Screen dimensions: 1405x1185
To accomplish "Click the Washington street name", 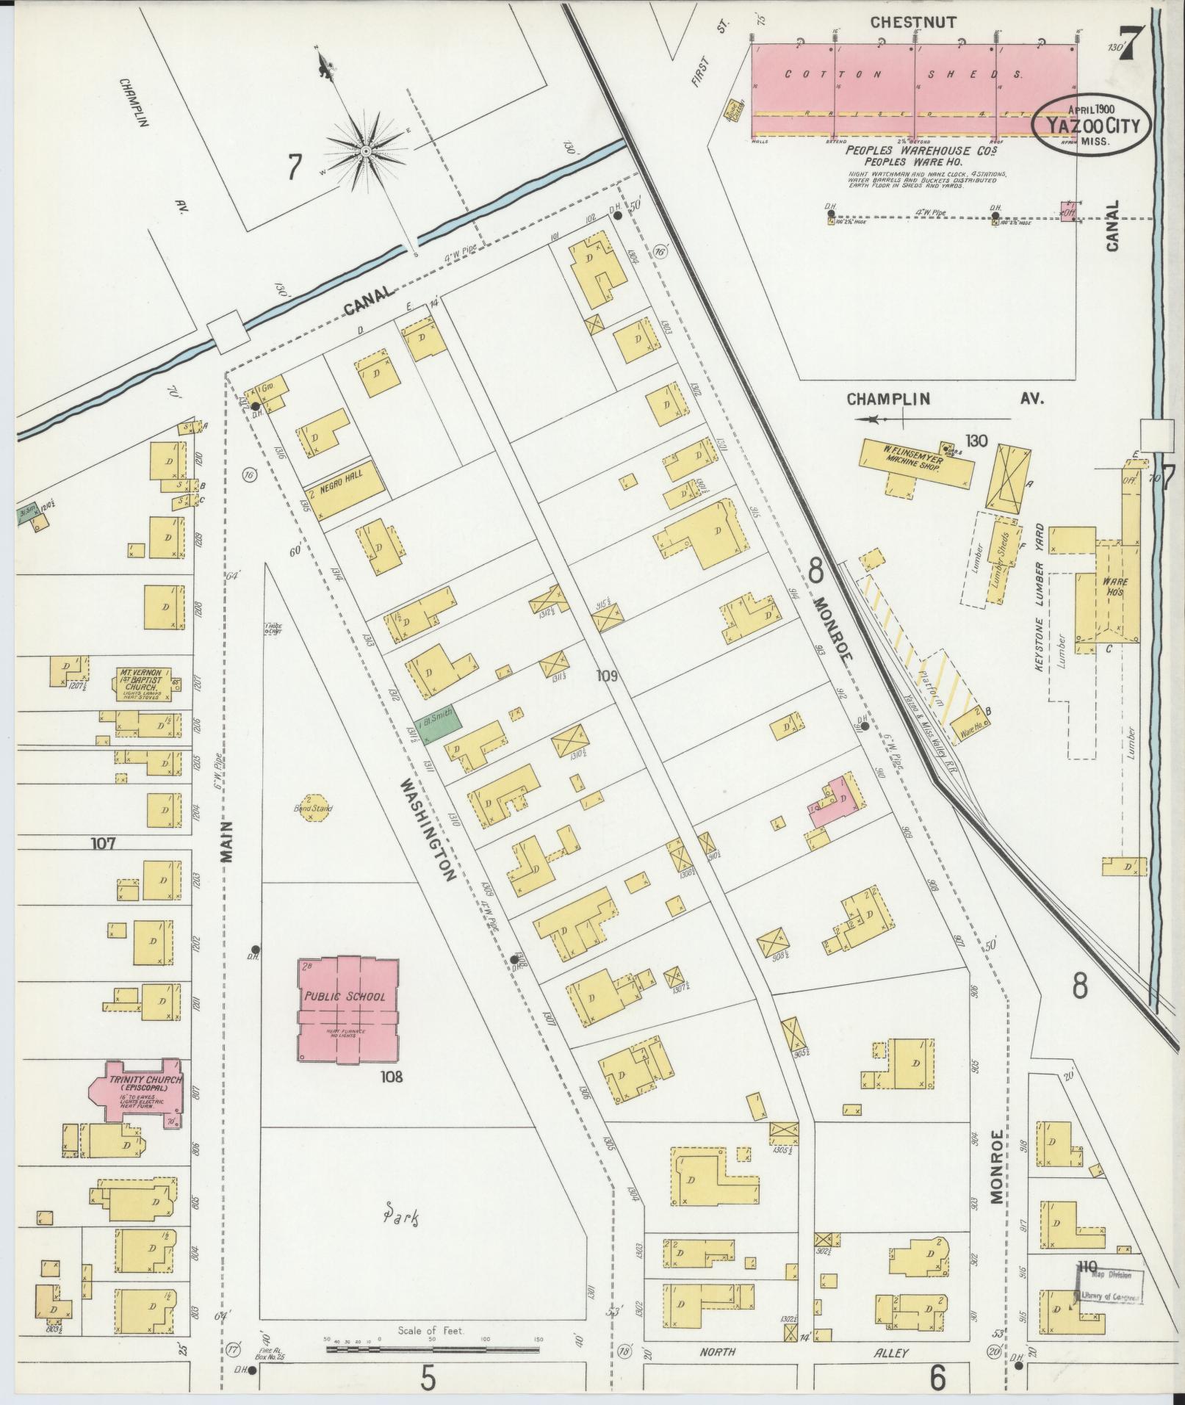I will coord(428,830).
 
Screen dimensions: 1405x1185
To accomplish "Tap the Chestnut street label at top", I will coord(912,23).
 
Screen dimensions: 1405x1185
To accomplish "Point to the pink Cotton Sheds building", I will coord(914,90).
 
